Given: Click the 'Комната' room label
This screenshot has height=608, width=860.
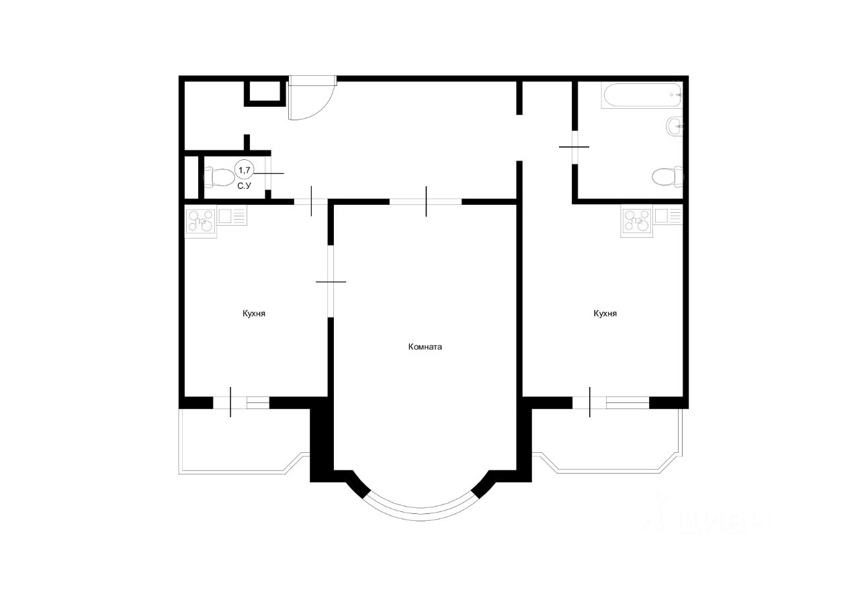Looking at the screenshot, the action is coord(425,347).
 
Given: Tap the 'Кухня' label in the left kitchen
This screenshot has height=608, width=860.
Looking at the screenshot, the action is coord(254,314).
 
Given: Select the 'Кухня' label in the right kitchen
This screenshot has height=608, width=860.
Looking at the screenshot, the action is coord(605,314).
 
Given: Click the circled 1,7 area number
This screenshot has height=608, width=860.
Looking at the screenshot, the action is coord(245,170).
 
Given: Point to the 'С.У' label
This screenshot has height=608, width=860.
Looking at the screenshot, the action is coord(244,186).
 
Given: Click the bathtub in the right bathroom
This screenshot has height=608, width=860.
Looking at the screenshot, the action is coord(642,95).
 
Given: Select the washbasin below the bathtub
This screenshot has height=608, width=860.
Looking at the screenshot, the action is coord(674,126).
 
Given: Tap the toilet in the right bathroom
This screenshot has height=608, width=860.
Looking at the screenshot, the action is coord(668,177).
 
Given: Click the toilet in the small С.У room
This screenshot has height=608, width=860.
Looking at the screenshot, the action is coord(219,177).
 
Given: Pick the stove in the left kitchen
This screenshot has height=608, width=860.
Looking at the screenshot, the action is coord(201,222).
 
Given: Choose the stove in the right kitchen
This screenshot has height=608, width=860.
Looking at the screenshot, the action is coord(637,221).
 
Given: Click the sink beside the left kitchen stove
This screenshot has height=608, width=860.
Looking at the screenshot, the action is coord(232,216).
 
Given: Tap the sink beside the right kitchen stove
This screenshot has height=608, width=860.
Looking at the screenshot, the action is coord(669,216).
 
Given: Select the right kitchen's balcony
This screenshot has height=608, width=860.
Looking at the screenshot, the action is coord(607,441).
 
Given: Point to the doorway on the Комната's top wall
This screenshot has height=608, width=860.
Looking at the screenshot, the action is coord(426,202).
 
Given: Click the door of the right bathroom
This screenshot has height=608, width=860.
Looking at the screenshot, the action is coord(574,147).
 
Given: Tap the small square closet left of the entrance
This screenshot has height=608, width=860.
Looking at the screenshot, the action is coord(265,92).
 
